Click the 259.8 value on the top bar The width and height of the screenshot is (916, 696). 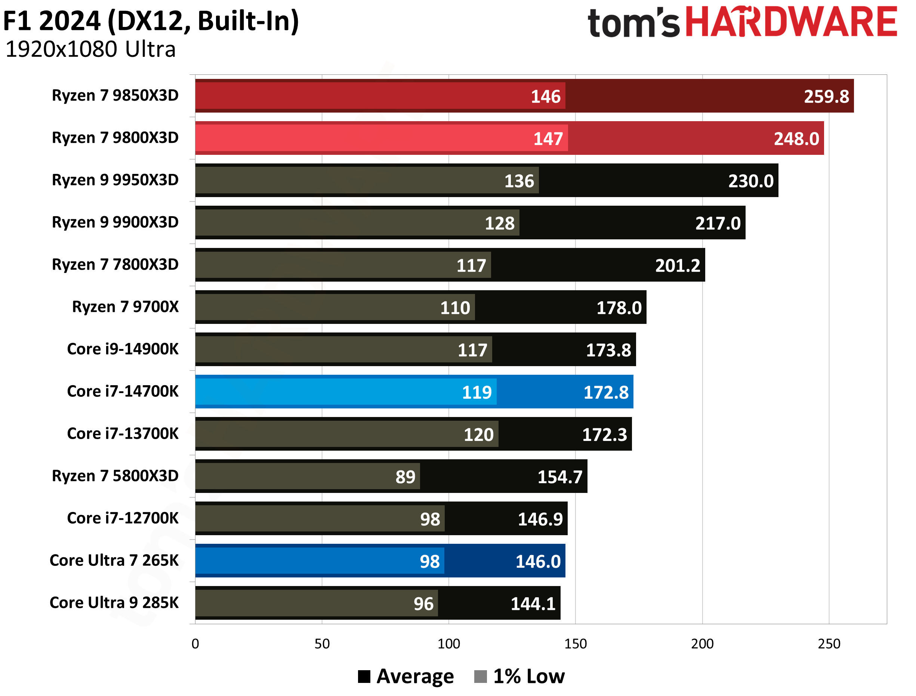[x=826, y=96]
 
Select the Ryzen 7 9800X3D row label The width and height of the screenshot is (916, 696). [x=115, y=138]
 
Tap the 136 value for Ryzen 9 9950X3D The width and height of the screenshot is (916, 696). [x=519, y=181]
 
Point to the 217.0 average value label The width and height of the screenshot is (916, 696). [x=718, y=223]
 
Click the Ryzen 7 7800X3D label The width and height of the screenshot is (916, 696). [x=115, y=264]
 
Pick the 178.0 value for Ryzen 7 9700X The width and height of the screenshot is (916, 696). [x=619, y=308]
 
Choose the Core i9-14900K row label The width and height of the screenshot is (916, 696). [x=123, y=349]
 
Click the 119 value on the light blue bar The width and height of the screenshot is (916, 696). [x=476, y=392]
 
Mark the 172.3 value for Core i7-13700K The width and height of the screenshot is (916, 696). [x=605, y=435]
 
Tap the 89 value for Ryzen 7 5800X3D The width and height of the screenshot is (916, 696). [x=405, y=477]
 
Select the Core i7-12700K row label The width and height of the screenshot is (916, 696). [x=123, y=518]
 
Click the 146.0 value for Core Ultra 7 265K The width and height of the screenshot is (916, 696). [x=538, y=562]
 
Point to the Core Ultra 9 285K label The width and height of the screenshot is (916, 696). [x=114, y=603]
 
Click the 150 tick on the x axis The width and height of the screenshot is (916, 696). [x=576, y=644]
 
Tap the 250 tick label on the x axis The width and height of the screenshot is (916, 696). [x=829, y=644]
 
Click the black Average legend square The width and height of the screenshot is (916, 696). [x=364, y=676]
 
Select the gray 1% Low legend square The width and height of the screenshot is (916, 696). [x=480, y=676]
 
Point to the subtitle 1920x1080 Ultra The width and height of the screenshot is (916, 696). [x=91, y=49]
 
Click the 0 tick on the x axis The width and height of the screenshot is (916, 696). [x=195, y=644]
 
